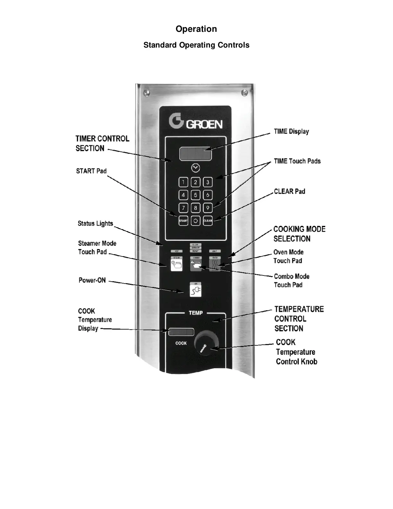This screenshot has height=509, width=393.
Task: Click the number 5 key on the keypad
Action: pyautogui.click(x=196, y=195)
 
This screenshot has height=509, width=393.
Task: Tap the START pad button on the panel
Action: pyautogui.click(x=183, y=221)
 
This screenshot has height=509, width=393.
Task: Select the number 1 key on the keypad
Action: pyautogui.click(x=183, y=183)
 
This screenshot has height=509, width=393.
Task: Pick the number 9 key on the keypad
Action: pyautogui.click(x=208, y=208)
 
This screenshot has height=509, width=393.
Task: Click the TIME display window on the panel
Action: pyautogui.click(x=196, y=154)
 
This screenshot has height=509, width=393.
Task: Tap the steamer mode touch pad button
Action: pyautogui.click(x=177, y=265)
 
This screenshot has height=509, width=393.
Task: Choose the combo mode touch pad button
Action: pyautogui.click(x=196, y=265)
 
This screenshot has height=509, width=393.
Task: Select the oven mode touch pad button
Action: pyautogui.click(x=215, y=265)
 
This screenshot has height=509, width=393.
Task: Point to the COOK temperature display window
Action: pyautogui.click(x=181, y=332)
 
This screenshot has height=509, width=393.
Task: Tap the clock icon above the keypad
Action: pyautogui.click(x=196, y=168)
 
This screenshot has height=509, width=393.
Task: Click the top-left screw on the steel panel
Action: pyautogui.click(x=147, y=93)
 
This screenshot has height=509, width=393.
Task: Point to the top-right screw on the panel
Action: pyautogui.click(x=245, y=93)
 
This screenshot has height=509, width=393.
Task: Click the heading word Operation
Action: pyautogui.click(x=196, y=29)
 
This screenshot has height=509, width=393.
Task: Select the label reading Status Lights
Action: pyautogui.click(x=95, y=224)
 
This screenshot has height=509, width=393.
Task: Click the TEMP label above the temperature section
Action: pyautogui.click(x=196, y=313)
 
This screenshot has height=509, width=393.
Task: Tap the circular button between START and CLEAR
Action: pyautogui.click(x=196, y=221)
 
